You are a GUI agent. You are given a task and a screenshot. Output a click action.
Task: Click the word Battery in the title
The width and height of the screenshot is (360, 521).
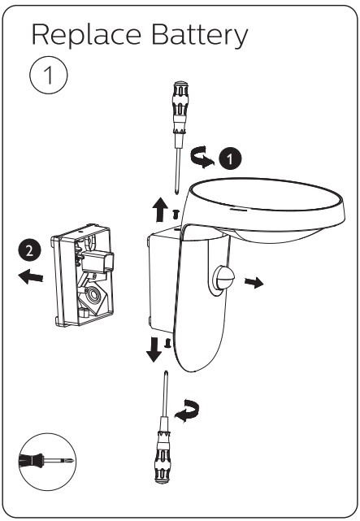click(x=200, y=35)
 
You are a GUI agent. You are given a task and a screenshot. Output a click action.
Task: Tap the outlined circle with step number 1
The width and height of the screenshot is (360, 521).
click(x=49, y=75)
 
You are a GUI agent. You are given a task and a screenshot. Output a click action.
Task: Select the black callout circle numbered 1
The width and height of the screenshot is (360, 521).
click(x=231, y=158)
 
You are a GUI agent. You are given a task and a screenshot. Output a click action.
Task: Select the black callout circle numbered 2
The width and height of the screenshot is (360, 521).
click(x=29, y=250)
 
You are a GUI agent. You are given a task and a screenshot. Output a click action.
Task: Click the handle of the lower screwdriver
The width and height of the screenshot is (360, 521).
click(x=163, y=458)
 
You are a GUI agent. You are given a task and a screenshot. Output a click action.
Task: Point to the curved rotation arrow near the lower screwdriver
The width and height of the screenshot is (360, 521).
click(x=188, y=411)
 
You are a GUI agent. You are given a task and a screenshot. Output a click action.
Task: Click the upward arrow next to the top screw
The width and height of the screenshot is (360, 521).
click(x=160, y=210)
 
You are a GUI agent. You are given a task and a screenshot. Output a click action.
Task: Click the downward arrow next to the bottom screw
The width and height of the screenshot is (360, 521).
click(x=154, y=350)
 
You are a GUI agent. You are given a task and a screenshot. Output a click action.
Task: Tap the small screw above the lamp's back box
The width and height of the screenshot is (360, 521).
click(x=176, y=215)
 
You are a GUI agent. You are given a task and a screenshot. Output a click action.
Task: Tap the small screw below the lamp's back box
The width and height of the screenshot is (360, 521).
click(x=168, y=343)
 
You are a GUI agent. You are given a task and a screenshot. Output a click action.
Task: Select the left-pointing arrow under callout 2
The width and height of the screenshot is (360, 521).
click(x=31, y=276)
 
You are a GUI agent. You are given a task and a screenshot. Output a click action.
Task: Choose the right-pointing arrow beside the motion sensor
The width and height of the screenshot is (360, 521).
click(x=254, y=283)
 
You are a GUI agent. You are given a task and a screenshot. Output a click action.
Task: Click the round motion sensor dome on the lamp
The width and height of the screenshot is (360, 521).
click(x=223, y=277)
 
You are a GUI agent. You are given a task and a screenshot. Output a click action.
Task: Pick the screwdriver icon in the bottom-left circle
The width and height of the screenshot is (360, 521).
click(x=47, y=461)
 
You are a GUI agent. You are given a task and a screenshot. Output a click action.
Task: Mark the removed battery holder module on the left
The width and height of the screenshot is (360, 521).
click(x=82, y=276)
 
